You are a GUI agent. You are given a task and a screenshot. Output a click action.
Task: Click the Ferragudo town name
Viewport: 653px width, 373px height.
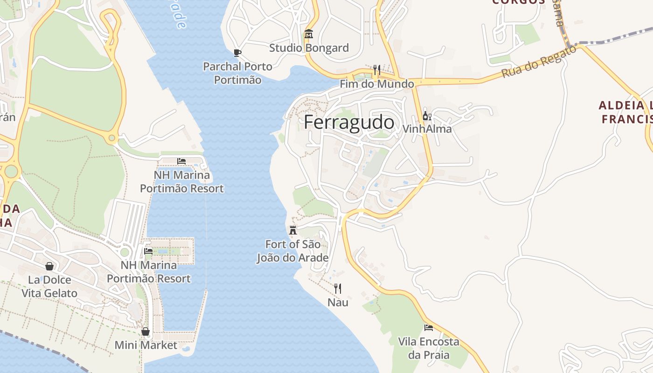coord(349,122)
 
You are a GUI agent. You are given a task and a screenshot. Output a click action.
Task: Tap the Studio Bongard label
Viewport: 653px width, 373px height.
coord(309,48)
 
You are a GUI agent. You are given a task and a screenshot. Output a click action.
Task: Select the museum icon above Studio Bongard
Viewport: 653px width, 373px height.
coord(308,34)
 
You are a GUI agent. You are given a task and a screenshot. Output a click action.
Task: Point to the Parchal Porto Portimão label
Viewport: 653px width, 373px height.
coord(237,73)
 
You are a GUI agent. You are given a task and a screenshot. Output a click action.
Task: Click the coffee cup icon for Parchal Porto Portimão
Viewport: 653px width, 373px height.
coord(237,53)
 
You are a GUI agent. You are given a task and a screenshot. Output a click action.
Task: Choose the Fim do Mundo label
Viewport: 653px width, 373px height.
coord(377,84)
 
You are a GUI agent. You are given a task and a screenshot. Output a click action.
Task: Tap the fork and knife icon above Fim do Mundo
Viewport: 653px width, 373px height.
coord(377,70)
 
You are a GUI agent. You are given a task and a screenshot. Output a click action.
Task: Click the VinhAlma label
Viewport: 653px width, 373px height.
coord(427,129)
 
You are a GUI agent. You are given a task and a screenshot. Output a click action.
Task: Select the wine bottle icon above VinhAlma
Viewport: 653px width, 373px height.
coord(426,116)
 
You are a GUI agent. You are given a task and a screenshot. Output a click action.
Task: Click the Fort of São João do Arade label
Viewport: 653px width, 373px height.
coord(292,251)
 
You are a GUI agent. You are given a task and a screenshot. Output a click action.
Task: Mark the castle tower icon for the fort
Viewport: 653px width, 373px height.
coord(293,230)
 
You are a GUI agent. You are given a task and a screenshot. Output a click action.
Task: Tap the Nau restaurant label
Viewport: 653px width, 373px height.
coord(338,303)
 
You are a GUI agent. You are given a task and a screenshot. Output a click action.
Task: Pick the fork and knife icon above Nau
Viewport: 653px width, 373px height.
coord(338,289)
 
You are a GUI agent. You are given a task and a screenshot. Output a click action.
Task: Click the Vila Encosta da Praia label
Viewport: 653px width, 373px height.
coord(429,348)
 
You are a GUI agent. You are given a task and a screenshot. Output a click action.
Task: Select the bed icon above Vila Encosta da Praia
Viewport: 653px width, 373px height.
coord(428,328)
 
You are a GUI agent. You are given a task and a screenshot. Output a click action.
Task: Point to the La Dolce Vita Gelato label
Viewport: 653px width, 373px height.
coord(49,286)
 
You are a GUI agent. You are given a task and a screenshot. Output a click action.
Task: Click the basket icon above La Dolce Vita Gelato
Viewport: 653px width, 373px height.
coord(49,266)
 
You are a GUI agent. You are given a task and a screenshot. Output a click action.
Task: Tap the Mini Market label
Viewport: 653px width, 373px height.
coord(146,345)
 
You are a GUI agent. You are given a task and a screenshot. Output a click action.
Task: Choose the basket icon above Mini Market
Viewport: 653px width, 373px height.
coord(146,332)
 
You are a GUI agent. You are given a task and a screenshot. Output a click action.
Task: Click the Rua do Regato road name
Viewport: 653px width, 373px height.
coord(539,62)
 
